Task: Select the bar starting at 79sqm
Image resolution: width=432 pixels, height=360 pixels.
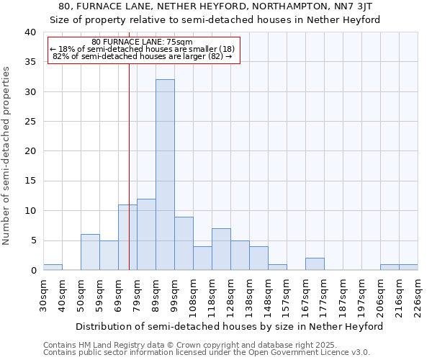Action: (x=146, y=235)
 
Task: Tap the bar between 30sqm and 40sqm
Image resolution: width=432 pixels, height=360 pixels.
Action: (x=53, y=267)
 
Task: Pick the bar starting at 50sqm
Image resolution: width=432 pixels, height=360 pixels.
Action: (x=90, y=252)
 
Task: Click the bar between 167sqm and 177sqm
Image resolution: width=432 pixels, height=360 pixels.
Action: (x=315, y=264)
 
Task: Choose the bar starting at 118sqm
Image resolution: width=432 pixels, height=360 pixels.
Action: (x=221, y=249)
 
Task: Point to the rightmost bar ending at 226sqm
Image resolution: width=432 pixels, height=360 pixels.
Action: (x=408, y=267)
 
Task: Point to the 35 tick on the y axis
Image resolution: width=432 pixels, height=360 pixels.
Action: (x=30, y=62)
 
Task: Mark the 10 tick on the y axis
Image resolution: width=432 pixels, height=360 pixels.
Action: (x=30, y=211)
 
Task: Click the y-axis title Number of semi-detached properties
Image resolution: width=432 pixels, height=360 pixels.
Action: (x=7, y=156)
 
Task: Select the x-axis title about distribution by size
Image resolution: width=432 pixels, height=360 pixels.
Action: (x=229, y=326)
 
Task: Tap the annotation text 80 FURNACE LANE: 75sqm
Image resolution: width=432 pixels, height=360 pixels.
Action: (x=142, y=42)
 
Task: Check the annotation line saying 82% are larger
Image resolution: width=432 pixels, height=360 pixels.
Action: (x=142, y=56)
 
